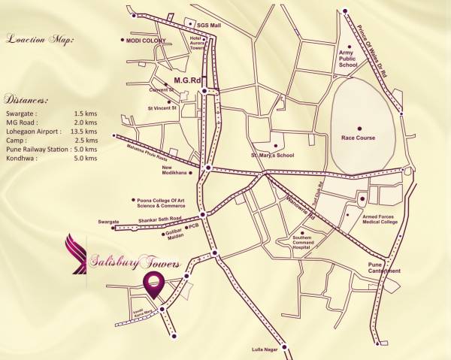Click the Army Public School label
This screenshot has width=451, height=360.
(347, 59)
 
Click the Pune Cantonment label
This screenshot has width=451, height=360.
(383, 268)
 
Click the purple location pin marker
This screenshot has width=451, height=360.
(153, 280)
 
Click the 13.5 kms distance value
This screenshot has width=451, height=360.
(86, 130)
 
